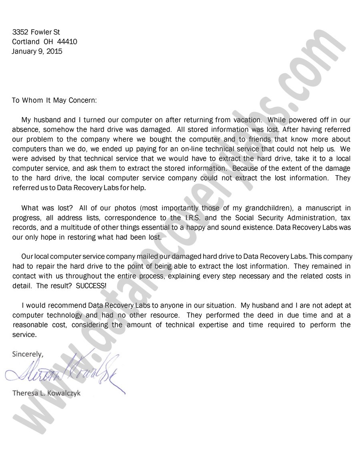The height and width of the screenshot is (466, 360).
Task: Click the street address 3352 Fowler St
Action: pos(36,32)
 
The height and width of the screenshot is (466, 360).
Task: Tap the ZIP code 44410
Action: pos(67,42)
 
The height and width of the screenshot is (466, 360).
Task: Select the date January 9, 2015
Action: pos(37,51)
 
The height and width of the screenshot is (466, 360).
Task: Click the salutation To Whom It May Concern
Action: pos(54,100)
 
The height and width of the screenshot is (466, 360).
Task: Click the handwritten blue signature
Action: pos(64,370)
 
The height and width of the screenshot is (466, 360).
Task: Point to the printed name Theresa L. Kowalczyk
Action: pos(46,393)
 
